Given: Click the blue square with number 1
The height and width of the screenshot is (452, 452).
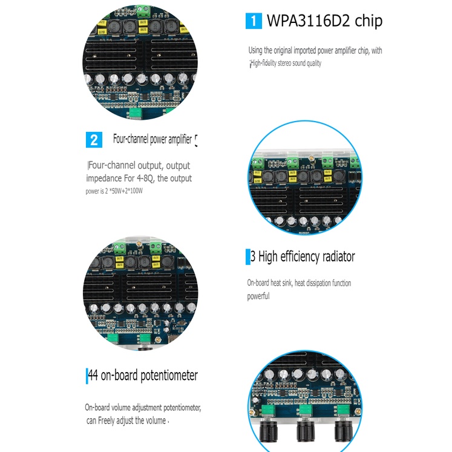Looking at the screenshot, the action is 254,21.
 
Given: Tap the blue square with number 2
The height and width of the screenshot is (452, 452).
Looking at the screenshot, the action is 94,140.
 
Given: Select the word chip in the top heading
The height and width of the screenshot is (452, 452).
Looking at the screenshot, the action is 368,21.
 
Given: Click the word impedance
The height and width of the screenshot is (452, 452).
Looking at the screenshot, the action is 104,179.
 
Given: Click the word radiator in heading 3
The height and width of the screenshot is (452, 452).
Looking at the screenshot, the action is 338,257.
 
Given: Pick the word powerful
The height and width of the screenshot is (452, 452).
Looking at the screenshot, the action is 258,296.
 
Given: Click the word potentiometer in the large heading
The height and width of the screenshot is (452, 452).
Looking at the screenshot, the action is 169,376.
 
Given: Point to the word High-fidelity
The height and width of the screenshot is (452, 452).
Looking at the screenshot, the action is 263,63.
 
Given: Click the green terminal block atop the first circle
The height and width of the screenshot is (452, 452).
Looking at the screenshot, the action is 144,11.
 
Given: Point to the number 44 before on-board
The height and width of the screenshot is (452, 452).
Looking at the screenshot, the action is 93,375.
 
